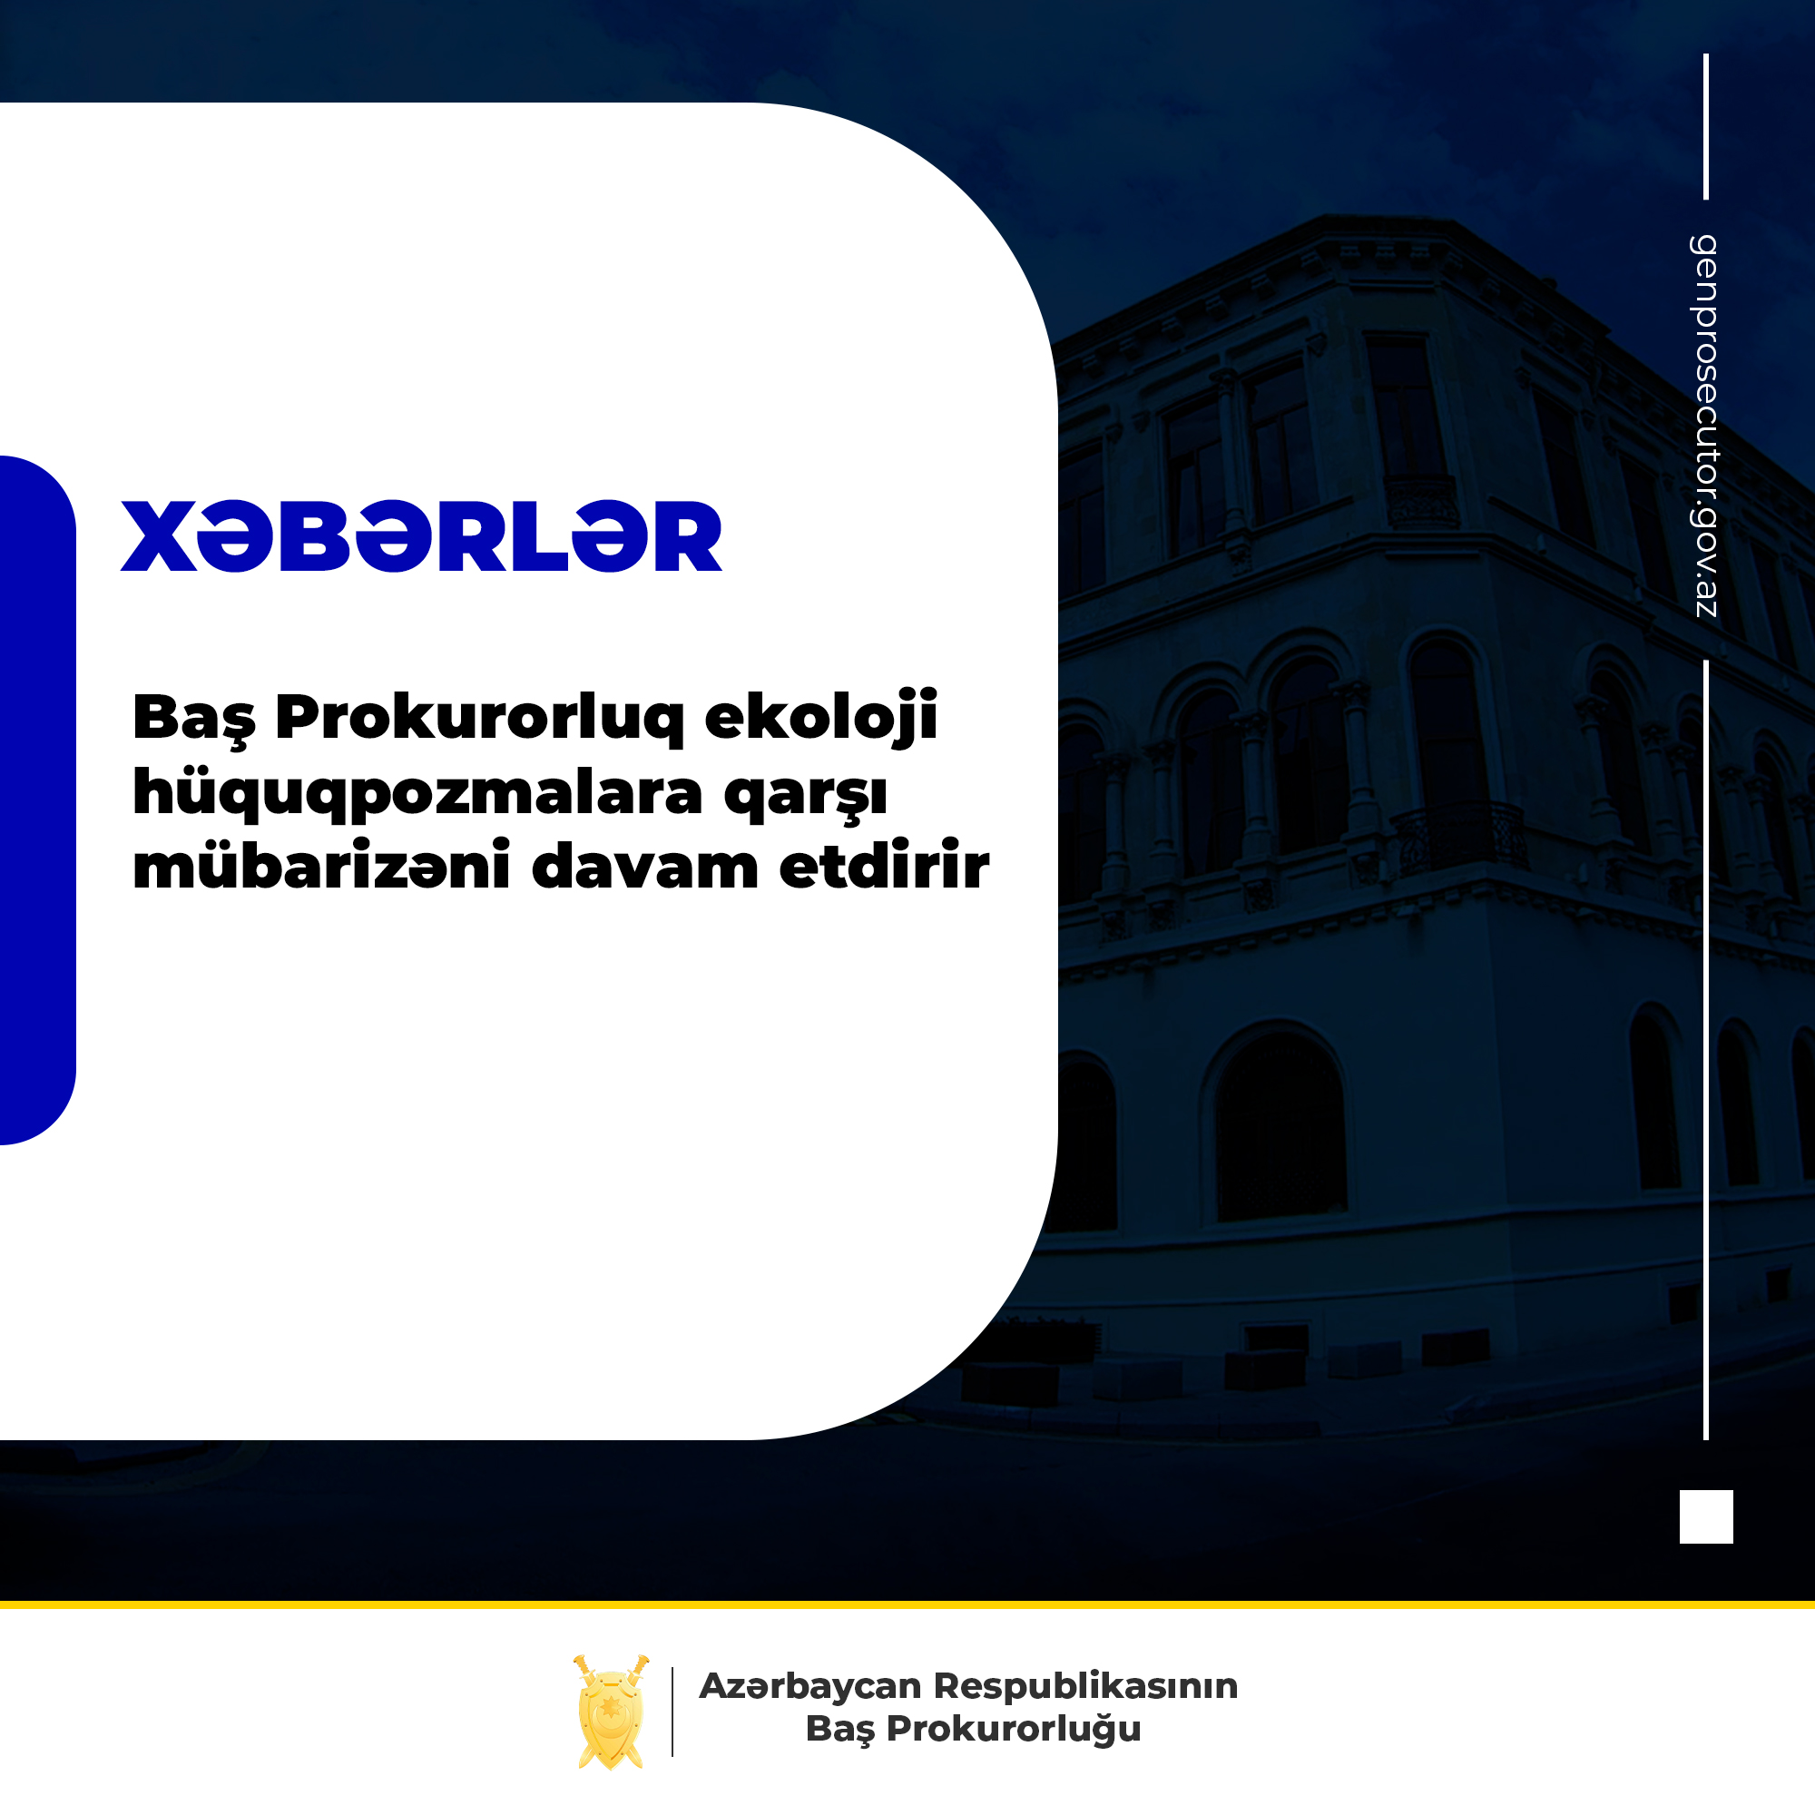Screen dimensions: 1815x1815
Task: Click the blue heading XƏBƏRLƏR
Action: pyautogui.click(x=421, y=535)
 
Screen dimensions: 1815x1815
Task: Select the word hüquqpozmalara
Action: pyautogui.click(x=417, y=794)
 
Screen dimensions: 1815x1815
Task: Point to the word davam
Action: pyautogui.click(x=644, y=866)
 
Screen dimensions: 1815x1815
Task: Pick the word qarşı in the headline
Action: pyautogui.click(x=805, y=797)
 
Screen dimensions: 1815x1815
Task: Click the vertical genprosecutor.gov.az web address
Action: pyautogui.click(x=1705, y=426)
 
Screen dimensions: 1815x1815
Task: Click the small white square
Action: pyautogui.click(x=1706, y=1516)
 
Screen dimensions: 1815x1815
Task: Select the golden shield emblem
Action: pyautogui.click(x=611, y=1712)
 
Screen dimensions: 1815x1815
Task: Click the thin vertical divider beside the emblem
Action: pyautogui.click(x=672, y=1712)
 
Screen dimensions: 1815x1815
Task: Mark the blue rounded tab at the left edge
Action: pyautogui.click(x=37, y=800)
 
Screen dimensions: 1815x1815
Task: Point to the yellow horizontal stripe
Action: pyautogui.click(x=907, y=1604)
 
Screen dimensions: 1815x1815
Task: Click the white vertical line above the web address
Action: pyautogui.click(x=1706, y=127)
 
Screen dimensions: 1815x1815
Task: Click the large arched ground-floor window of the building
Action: pyautogui.click(x=1279, y=1127)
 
